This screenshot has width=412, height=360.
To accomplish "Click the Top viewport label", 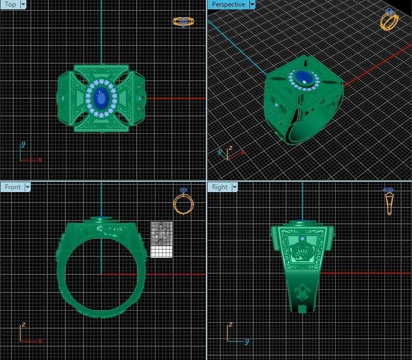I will click(x=10, y=4).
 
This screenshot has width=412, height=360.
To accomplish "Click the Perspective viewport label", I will click(x=228, y=4).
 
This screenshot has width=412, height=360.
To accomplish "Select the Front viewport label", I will click(x=12, y=187).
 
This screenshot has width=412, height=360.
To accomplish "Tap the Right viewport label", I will click(x=220, y=187).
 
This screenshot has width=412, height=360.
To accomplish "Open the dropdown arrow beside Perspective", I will click(x=252, y=4).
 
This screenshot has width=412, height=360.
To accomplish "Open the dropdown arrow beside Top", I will click(x=23, y=4).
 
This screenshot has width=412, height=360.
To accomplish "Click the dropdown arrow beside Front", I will click(x=26, y=187).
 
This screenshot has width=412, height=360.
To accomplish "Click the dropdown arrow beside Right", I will click(x=235, y=187).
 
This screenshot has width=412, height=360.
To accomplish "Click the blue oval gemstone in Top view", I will click(x=101, y=99).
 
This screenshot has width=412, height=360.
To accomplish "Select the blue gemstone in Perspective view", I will click(x=303, y=77).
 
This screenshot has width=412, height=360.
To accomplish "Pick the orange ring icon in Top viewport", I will click(x=183, y=21).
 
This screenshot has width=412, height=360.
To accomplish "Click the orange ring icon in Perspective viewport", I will click(x=389, y=20).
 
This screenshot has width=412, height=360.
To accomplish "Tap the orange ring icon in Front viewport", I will click(x=183, y=202).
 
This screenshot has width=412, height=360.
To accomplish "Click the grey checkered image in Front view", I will click(x=162, y=239).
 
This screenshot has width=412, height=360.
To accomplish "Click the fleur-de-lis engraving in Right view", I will click(x=302, y=291).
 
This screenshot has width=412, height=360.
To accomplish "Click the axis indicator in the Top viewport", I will click(x=27, y=154).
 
